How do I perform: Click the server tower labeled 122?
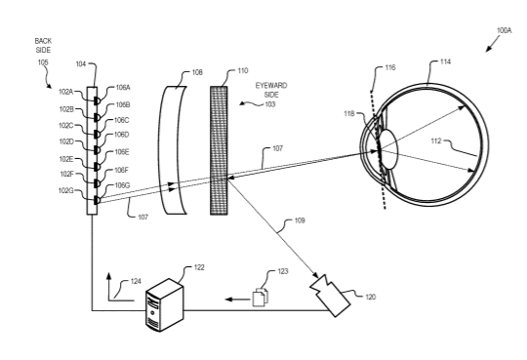(165, 304)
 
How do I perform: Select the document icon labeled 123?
(261, 297)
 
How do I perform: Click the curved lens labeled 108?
(172, 150)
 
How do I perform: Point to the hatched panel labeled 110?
(219, 150)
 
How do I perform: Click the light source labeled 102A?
(97, 100)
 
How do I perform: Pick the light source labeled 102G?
(97, 200)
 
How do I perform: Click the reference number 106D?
(122, 135)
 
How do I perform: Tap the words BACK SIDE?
(43, 46)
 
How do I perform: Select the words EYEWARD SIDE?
(271, 90)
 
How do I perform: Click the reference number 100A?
(505, 30)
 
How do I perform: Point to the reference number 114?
(445, 61)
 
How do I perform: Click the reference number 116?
(390, 67)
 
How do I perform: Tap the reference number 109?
(300, 220)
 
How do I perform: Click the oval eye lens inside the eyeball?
(388, 149)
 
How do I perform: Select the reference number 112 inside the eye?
(436, 141)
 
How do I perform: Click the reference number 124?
(136, 281)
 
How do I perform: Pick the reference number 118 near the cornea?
(348, 114)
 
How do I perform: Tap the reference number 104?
(81, 64)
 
